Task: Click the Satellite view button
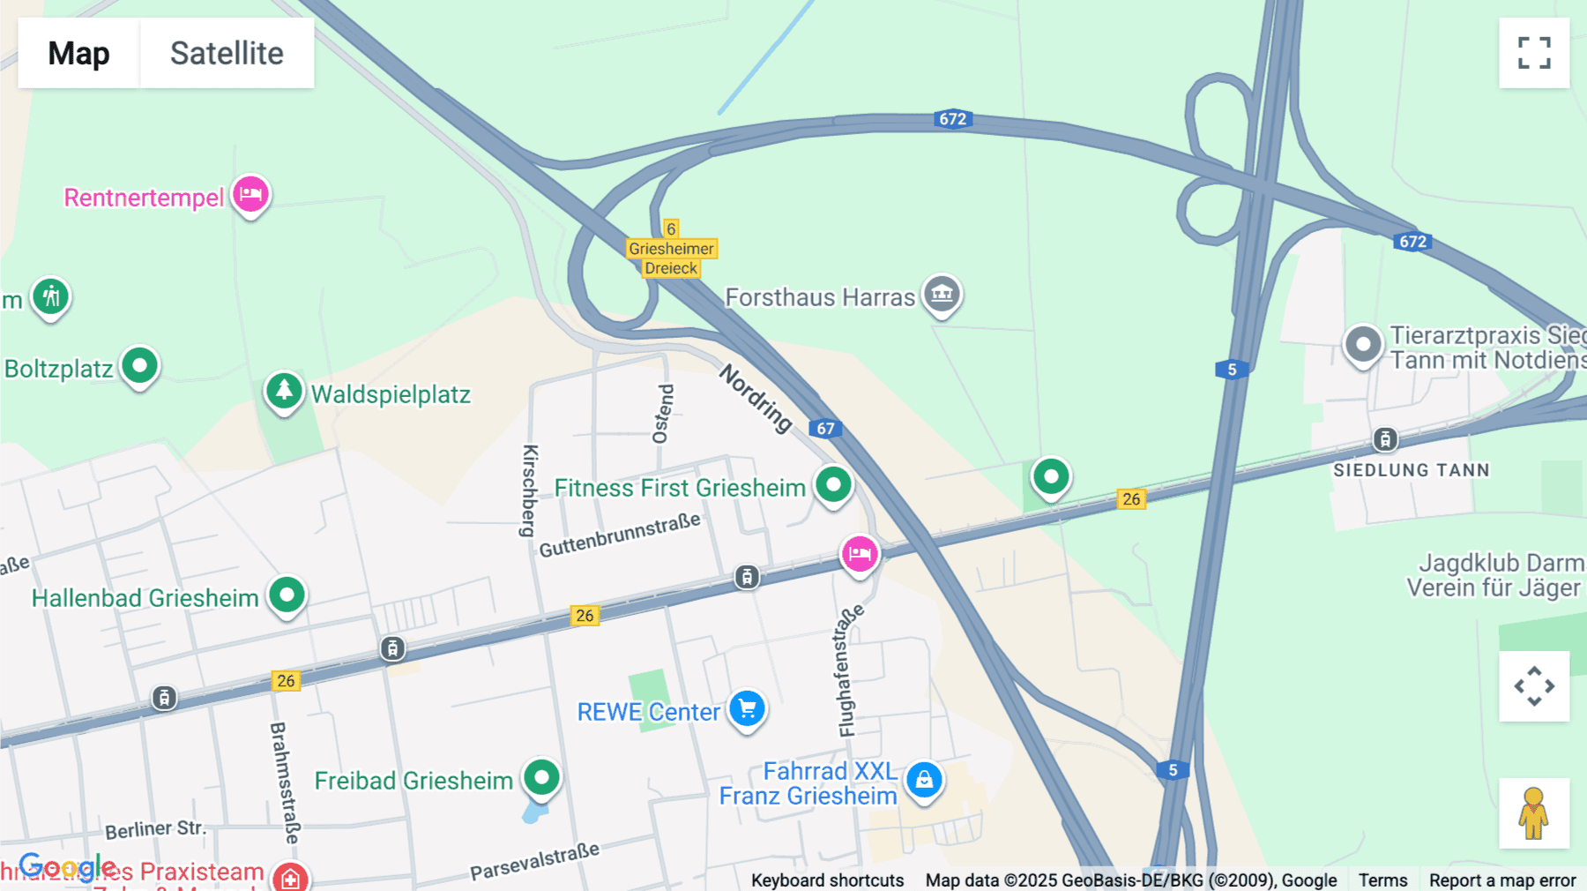tap(227, 53)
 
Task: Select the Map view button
tap(78, 53)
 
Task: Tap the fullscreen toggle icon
tap(1534, 53)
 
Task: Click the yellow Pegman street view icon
tap(1534, 812)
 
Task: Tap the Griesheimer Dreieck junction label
tap(671, 258)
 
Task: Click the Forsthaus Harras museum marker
tap(942, 294)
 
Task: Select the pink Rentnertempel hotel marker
tap(250, 194)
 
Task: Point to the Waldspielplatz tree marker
tap(284, 390)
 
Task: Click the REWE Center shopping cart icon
tap(748, 708)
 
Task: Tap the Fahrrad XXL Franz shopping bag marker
tap(924, 779)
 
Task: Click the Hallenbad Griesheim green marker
tap(287, 595)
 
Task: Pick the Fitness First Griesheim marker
tap(833, 483)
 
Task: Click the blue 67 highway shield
tap(825, 429)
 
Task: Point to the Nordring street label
tap(756, 399)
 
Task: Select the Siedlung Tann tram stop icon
tap(1385, 438)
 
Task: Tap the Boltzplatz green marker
tap(139, 365)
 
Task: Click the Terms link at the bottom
tap(1382, 880)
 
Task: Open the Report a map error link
tap(1502, 880)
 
